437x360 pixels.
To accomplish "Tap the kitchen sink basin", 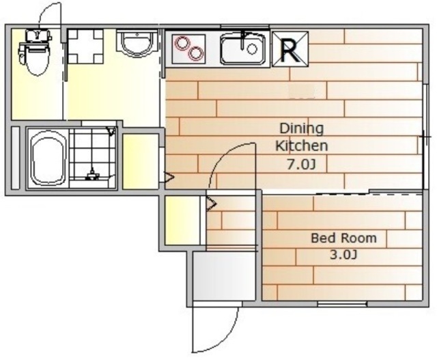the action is (243, 49).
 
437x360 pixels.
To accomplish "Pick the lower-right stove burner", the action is (195, 53).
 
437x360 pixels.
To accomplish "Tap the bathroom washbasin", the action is (137, 43).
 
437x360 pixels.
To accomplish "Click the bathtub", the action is (48, 158).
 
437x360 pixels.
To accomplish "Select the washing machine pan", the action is (85, 46).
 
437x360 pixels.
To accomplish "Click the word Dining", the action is (302, 128).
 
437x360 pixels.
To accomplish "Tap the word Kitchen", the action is (302, 146).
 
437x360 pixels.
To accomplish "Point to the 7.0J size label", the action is (302, 165).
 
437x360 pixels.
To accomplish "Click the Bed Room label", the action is (343, 238).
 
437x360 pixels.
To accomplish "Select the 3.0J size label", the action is (343, 255).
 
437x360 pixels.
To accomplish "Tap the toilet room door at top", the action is (50, 14).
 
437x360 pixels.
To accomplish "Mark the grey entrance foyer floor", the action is (224, 276).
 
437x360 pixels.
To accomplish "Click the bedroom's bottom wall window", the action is (342, 304).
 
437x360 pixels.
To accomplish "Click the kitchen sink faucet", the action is (244, 40).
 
